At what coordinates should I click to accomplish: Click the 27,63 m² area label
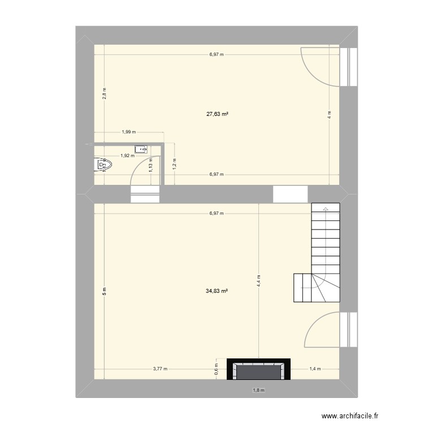(x=217, y=114)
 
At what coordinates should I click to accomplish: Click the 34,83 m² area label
(x=217, y=291)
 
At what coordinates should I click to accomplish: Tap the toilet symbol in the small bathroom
(x=103, y=165)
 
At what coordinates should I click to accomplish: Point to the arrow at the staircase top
(x=326, y=209)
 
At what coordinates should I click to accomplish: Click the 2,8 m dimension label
(x=104, y=93)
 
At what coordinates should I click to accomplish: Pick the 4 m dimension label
(x=330, y=115)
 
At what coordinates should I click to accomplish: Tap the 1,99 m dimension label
(x=128, y=132)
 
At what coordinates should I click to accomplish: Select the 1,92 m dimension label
(x=126, y=155)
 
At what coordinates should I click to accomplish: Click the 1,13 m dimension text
(x=150, y=165)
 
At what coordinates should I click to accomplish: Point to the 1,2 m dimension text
(x=174, y=164)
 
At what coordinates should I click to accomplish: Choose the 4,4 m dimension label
(x=259, y=282)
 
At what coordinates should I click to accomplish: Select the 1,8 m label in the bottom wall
(x=258, y=390)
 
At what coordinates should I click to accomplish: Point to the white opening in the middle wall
(x=291, y=194)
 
